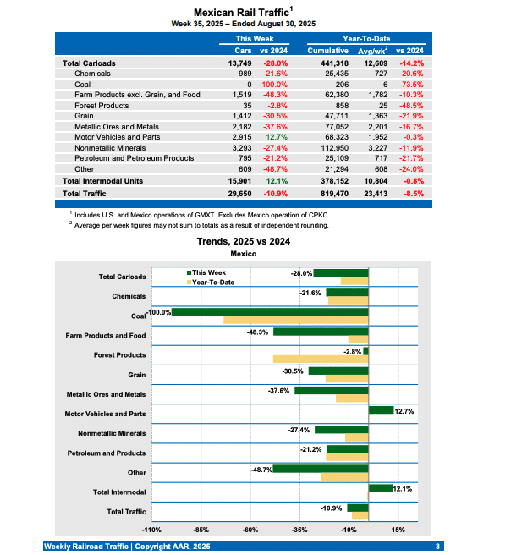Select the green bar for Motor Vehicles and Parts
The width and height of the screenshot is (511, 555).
382,410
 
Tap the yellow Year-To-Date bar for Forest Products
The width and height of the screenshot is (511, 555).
321,359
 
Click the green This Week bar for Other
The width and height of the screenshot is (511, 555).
321,469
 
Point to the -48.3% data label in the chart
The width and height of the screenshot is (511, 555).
258,332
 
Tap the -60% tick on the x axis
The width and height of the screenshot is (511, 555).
250,530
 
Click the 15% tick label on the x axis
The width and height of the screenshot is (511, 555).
398,530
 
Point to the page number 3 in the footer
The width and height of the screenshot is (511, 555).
437,547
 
